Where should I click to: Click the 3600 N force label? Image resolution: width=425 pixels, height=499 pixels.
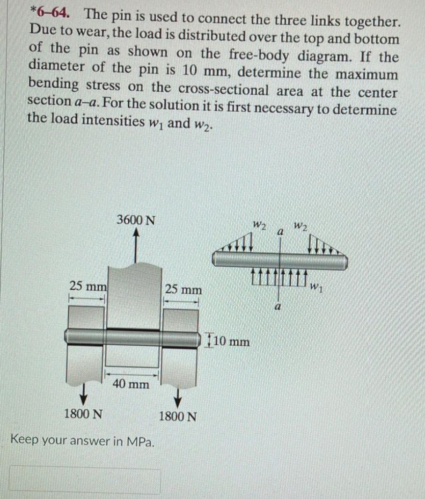(x=136, y=220)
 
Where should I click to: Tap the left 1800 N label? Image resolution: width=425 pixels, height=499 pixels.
(x=83, y=414)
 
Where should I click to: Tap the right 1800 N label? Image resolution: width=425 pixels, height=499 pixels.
(x=177, y=416)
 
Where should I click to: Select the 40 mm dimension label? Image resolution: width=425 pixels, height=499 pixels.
(x=131, y=384)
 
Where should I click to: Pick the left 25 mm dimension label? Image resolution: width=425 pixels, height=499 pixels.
(x=88, y=286)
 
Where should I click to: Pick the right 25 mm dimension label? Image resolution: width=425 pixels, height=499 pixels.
(x=183, y=290)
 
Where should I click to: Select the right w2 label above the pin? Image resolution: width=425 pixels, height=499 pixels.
(x=300, y=227)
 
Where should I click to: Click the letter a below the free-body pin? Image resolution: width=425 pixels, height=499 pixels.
(x=278, y=307)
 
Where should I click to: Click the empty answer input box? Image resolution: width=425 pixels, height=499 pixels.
(x=85, y=479)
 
